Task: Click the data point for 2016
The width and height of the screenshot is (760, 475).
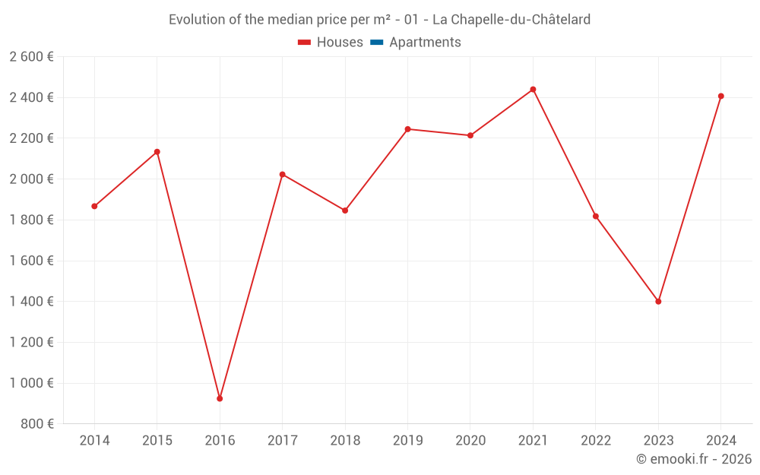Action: pyautogui.click(x=220, y=398)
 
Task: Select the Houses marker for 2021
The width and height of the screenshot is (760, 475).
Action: pyautogui.click(x=533, y=90)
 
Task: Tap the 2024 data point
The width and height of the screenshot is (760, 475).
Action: pyautogui.click(x=720, y=96)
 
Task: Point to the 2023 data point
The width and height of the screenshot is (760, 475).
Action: pyautogui.click(x=658, y=302)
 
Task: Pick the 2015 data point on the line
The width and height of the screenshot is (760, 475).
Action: pyautogui.click(x=157, y=152)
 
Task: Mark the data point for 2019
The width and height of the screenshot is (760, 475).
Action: pyautogui.click(x=407, y=129)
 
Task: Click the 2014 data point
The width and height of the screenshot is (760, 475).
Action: pyautogui.click(x=94, y=206)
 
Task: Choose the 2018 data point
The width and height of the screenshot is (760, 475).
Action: pyautogui.click(x=345, y=211)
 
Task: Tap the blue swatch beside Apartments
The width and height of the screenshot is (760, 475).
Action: pyautogui.click(x=376, y=43)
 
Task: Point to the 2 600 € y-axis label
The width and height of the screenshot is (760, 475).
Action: pyautogui.click(x=31, y=57)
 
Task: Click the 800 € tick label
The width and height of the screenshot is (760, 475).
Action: pyautogui.click(x=36, y=424)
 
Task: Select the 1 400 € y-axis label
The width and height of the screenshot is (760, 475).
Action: pyautogui.click(x=31, y=302)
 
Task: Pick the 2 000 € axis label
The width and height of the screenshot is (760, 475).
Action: pyautogui.click(x=31, y=179)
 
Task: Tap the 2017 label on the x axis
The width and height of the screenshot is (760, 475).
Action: pyautogui.click(x=282, y=441)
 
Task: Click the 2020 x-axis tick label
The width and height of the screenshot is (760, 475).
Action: pyautogui.click(x=470, y=441)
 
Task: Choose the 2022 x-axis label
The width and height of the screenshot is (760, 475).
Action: pyautogui.click(x=595, y=441)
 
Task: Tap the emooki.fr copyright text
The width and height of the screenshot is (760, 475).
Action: pyautogui.click(x=694, y=459)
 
